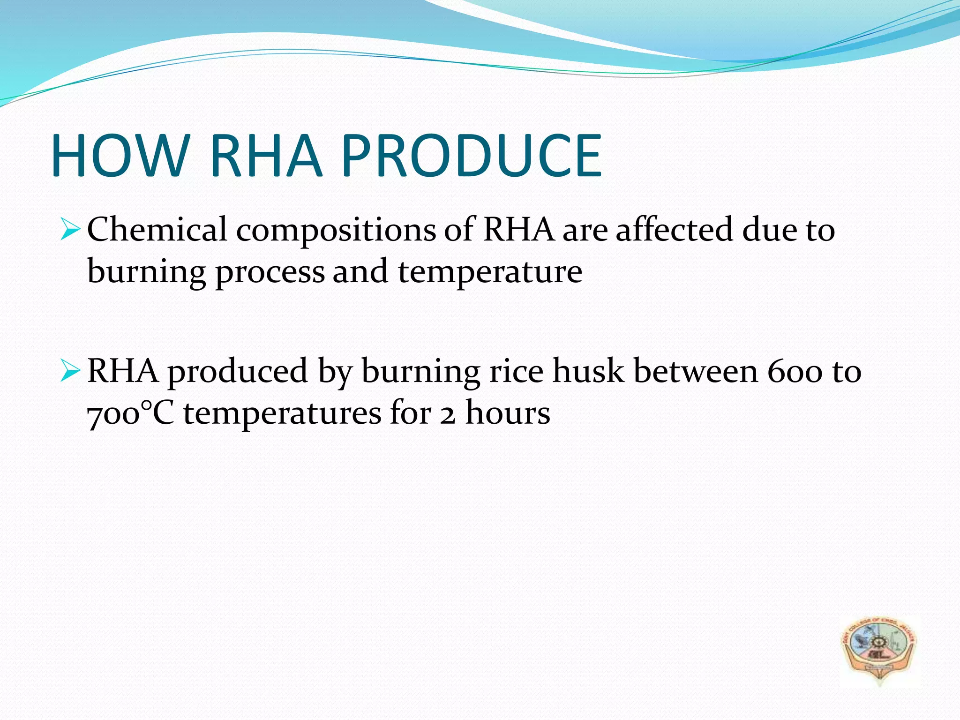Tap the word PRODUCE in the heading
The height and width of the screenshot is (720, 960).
pyautogui.click(x=471, y=156)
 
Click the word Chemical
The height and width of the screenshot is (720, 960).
pyautogui.click(x=157, y=230)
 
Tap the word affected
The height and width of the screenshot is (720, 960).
pyautogui.click(x=674, y=230)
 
